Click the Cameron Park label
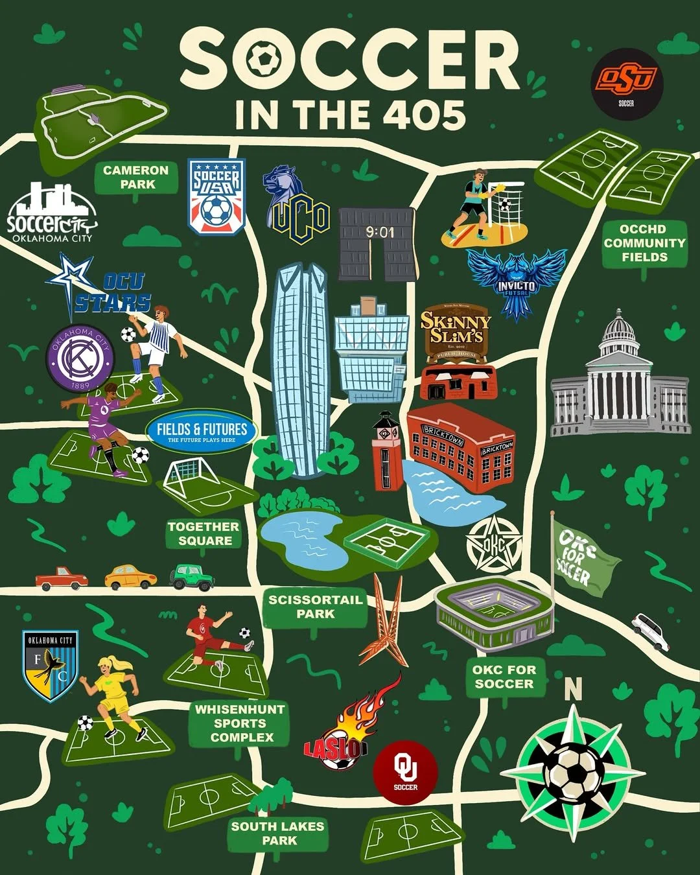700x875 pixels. [x=135, y=177]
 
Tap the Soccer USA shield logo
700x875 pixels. [x=216, y=196]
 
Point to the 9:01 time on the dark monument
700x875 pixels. [x=379, y=232]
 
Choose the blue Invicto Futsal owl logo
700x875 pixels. [x=517, y=282]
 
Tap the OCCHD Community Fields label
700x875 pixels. [x=644, y=243]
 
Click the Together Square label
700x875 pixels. [x=204, y=533]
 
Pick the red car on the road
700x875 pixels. [x=62, y=579]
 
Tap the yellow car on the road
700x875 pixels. [x=130, y=577]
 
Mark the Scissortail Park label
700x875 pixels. [x=316, y=607]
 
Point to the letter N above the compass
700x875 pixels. [x=573, y=690]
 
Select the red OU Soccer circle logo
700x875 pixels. [x=406, y=773]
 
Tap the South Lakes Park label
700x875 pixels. [x=277, y=833]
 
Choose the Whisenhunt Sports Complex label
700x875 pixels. [x=240, y=723]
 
